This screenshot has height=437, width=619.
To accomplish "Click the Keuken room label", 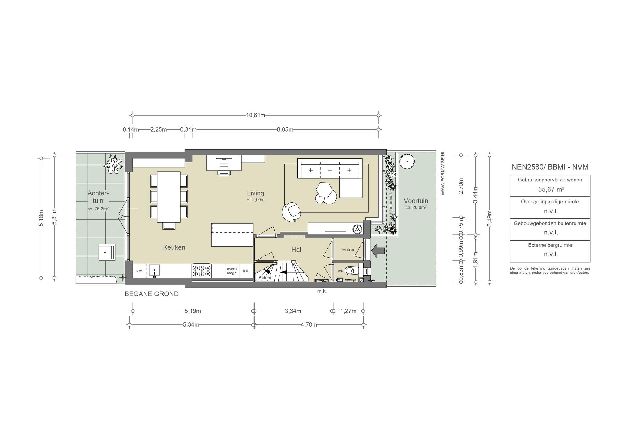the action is click(x=174, y=247).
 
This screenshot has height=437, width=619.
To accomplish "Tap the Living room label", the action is click(x=255, y=193).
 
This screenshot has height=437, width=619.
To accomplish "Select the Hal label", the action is click(x=296, y=250).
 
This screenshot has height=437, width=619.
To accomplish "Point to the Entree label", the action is click(x=349, y=250).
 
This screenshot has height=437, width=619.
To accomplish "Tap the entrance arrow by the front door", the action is click(x=378, y=250).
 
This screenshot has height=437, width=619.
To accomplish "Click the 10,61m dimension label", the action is click(x=255, y=115).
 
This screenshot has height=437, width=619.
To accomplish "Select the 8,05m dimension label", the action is click(x=285, y=130).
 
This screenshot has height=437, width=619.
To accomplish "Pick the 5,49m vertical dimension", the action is click(x=490, y=218).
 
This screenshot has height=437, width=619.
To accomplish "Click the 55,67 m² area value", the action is click(x=550, y=189).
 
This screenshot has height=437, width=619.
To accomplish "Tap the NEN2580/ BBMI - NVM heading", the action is click(x=550, y=167).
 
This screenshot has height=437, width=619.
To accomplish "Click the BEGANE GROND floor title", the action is click(x=152, y=294).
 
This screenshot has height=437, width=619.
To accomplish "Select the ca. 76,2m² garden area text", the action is click(x=98, y=208).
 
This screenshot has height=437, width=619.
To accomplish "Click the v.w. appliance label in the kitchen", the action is click(x=139, y=271).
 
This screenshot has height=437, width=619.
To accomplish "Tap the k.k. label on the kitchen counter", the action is click(x=246, y=271).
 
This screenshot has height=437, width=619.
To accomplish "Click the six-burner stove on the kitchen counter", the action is click(x=202, y=271).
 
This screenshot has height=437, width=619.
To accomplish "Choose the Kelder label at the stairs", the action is click(x=265, y=278).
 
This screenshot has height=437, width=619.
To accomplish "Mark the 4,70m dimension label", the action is click(x=309, y=325).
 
